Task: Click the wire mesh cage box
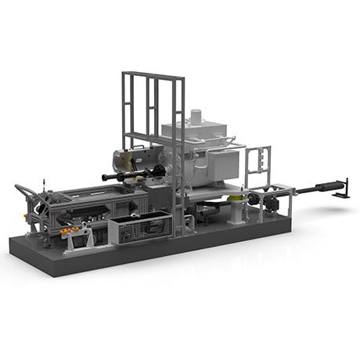click(141, 227)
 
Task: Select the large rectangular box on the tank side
click(224, 165)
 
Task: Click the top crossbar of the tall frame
click(153, 75)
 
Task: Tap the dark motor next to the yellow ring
click(270, 201)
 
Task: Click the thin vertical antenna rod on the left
click(45, 188)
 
